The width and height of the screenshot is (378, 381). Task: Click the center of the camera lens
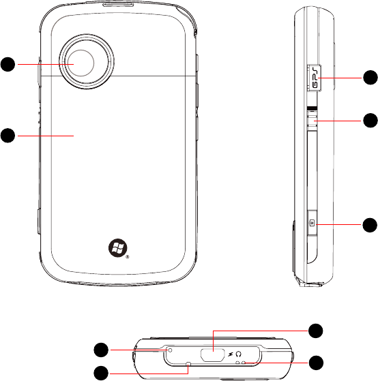pyautogui.click(x=81, y=63)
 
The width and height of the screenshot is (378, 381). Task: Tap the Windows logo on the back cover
pyautogui.click(x=118, y=248)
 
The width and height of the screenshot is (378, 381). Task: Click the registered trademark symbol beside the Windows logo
pyautogui.click(x=128, y=257)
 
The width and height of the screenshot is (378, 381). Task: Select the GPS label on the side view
pyautogui.click(x=315, y=78)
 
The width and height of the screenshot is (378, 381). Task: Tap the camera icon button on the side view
pyautogui.click(x=312, y=223)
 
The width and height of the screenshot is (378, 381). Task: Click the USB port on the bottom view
pyautogui.click(x=212, y=354)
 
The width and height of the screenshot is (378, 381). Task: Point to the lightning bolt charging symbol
pyautogui.click(x=231, y=354)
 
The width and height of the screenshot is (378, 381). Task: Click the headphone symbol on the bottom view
pyautogui.click(x=239, y=354)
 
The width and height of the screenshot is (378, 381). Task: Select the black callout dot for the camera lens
pyautogui.click(x=8, y=64)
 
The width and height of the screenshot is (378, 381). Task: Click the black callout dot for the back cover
pyautogui.click(x=8, y=136)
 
